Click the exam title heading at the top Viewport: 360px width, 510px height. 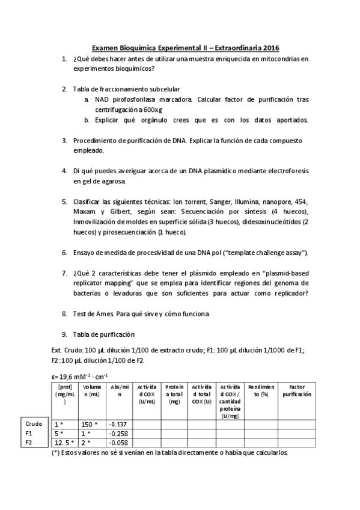click(185, 48)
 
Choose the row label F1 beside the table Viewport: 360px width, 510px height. click(29, 432)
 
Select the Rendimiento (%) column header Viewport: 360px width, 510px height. click(260, 390)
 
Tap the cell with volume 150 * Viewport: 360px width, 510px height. click(90, 424)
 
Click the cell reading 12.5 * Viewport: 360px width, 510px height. click(64, 442)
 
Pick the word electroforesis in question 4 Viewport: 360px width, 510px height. click(285, 171)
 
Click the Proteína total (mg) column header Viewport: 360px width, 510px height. click(174, 394)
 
